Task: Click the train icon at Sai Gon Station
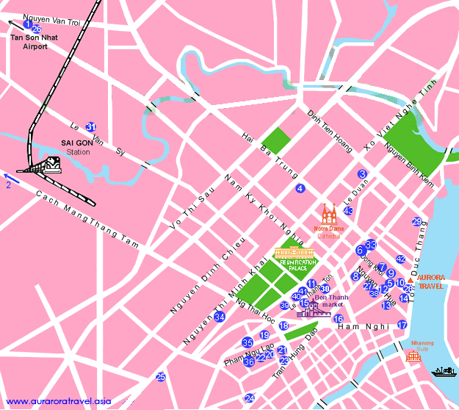51,165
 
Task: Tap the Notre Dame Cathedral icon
328,215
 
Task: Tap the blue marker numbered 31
90,126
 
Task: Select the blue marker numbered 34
220,317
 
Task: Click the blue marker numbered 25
161,377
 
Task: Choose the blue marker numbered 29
417,222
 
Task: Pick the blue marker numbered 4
300,189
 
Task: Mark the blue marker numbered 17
402,325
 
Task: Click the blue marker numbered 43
349,212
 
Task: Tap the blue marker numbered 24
250,399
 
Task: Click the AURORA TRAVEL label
430,283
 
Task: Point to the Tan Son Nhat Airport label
29,42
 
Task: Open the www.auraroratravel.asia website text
59,401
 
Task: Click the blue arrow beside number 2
10,176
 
